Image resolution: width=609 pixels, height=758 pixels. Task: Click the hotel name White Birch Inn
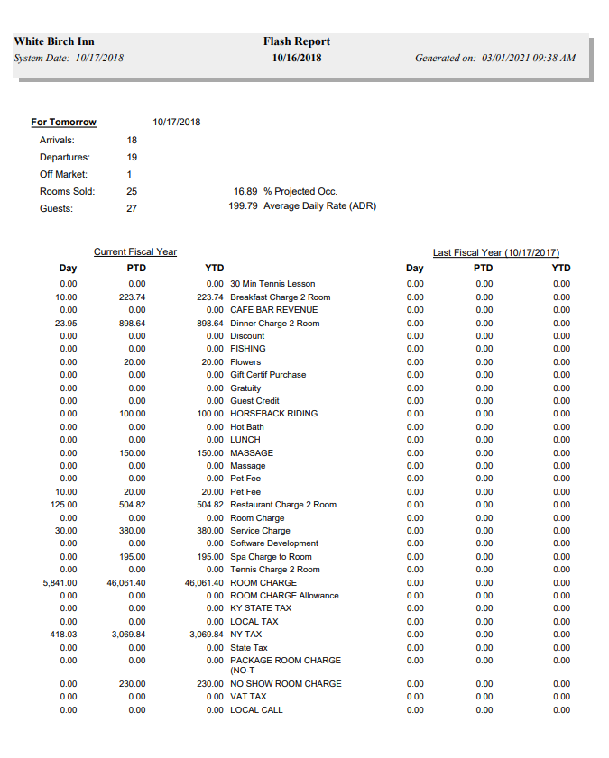point(54,41)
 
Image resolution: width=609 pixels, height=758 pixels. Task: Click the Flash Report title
point(297,41)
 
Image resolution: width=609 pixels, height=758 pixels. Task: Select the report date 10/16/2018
point(297,58)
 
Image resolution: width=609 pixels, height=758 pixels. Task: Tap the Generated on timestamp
point(494,58)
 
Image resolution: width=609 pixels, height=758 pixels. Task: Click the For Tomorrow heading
point(63,122)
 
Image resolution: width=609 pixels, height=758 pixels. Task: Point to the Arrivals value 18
point(132,140)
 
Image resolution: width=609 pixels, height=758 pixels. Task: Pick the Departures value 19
point(132,157)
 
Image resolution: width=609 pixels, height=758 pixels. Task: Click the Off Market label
point(60,174)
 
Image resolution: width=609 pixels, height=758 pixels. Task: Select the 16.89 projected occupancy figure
point(245,191)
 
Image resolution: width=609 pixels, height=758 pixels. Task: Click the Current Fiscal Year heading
point(135,252)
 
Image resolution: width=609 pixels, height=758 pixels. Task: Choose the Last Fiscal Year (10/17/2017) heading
point(496,252)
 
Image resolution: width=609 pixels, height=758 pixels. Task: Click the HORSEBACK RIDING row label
point(273,414)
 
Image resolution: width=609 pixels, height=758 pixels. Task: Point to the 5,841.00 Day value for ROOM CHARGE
point(60,583)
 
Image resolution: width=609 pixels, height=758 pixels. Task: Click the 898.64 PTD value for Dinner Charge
point(133,324)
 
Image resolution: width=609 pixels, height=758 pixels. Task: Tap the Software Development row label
point(274,543)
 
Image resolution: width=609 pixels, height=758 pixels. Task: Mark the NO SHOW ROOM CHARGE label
point(285,684)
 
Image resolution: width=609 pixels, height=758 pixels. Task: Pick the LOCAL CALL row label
point(256,710)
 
